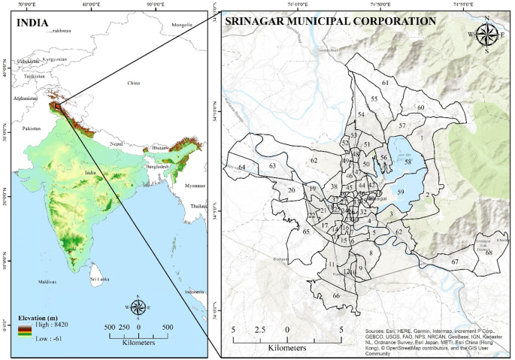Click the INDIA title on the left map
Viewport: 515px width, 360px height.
[35, 22]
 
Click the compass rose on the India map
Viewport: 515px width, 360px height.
[138, 307]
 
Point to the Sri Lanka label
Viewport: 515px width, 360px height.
[99, 279]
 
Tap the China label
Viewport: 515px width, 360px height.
[134, 83]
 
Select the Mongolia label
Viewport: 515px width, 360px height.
[182, 25]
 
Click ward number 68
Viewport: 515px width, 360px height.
[489, 253]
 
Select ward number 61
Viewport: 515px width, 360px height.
[385, 83]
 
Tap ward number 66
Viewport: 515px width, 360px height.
[337, 296]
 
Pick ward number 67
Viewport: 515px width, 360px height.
[455, 262]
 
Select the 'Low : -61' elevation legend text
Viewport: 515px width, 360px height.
[49, 340]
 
